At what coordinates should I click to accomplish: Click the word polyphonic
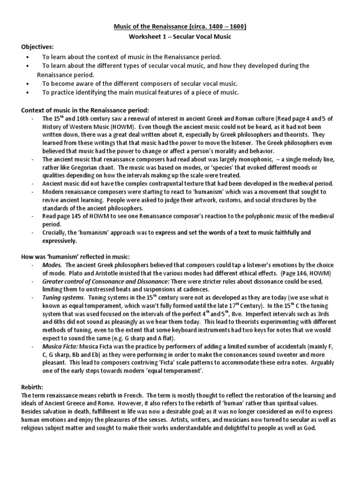pyautogui.click(x=257, y=216)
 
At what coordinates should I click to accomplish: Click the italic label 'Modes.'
pyautogui.click(x=52, y=264)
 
